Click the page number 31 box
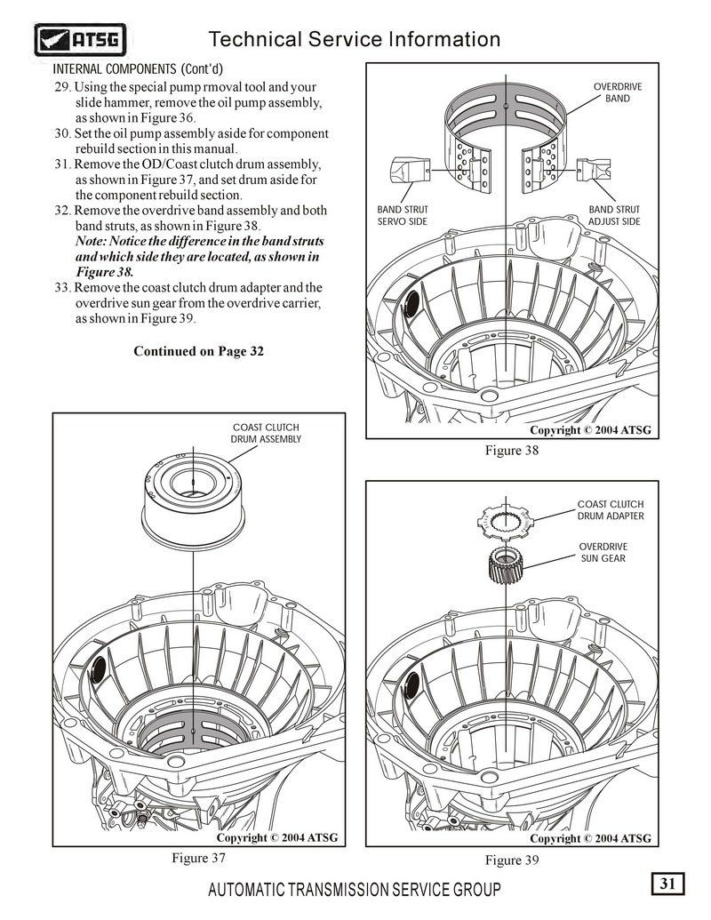tap(668, 884)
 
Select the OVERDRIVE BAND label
tap(617, 92)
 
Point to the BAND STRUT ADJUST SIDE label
tap(613, 215)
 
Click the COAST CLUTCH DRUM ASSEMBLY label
tap(266, 433)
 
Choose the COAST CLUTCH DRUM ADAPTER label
tap(611, 510)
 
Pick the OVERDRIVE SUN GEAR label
tap(603, 552)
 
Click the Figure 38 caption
tap(512, 451)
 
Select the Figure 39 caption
tap(512, 860)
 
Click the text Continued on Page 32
tap(198, 351)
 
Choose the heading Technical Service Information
tap(354, 39)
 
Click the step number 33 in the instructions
tap(62, 288)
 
